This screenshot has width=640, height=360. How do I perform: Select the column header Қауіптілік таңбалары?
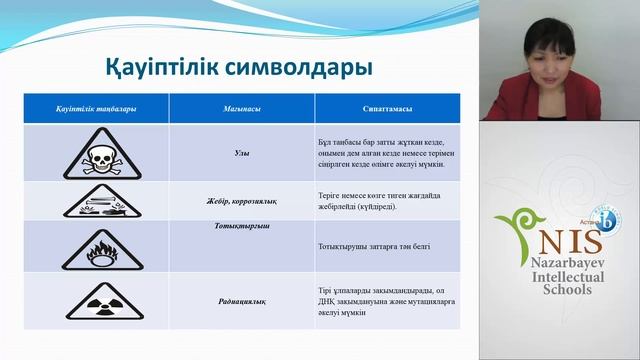[x=95, y=107]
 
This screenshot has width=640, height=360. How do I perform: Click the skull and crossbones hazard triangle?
[x=95, y=153]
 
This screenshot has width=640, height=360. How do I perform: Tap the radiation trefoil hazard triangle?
[x=95, y=297]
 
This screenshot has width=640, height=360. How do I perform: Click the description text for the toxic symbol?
[x=380, y=152]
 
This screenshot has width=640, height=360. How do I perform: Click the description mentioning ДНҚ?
[x=380, y=296]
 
